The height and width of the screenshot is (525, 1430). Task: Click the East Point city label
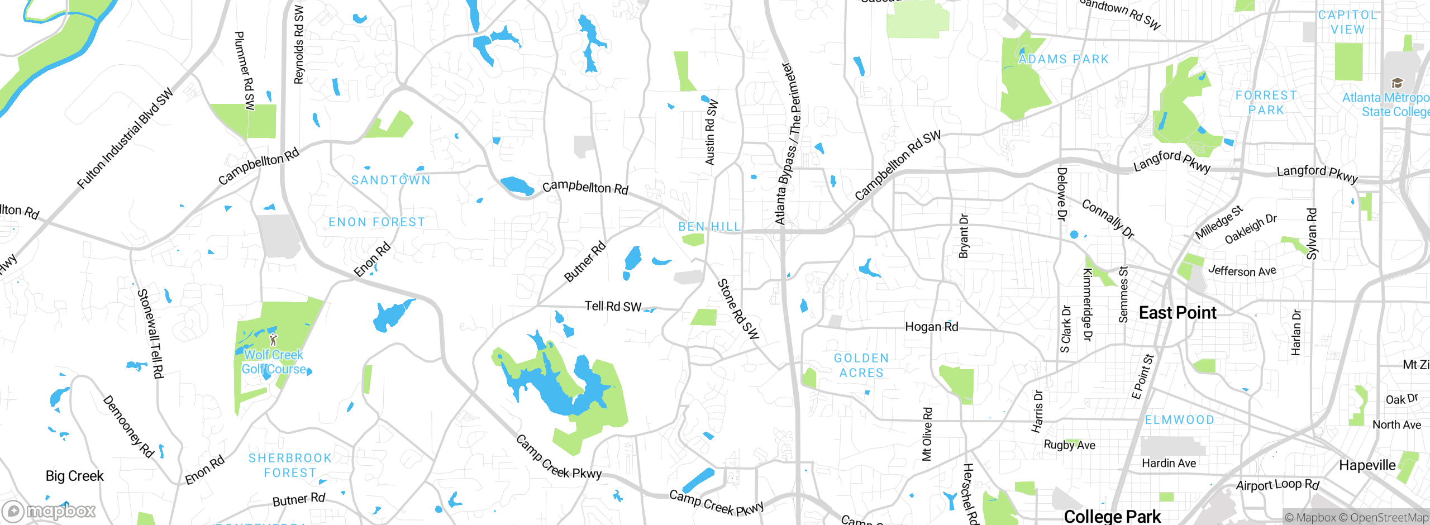point(1177,313)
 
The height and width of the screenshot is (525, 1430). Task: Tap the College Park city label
point(1112,516)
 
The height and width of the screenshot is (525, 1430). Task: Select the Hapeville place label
point(1367,465)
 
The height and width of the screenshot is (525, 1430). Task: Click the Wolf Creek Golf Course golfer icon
point(273,339)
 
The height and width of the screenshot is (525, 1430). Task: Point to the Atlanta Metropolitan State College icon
point(1397,83)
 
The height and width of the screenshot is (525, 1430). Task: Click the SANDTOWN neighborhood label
point(390,180)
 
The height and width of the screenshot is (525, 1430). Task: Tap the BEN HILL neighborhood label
point(709,226)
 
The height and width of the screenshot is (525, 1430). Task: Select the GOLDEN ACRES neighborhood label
point(861,365)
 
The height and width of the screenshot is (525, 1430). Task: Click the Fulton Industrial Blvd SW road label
point(125,139)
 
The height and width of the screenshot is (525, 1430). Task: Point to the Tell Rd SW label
point(613,306)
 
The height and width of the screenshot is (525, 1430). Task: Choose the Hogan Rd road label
point(931,327)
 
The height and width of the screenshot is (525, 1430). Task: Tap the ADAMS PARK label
point(1063,59)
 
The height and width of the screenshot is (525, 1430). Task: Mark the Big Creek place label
point(74,476)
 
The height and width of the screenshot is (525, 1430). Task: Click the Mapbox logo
point(49,511)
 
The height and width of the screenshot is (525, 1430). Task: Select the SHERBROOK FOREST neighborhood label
point(290,465)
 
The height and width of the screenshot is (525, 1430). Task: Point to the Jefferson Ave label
point(1242,271)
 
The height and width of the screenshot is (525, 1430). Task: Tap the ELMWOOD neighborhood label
point(1179,419)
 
